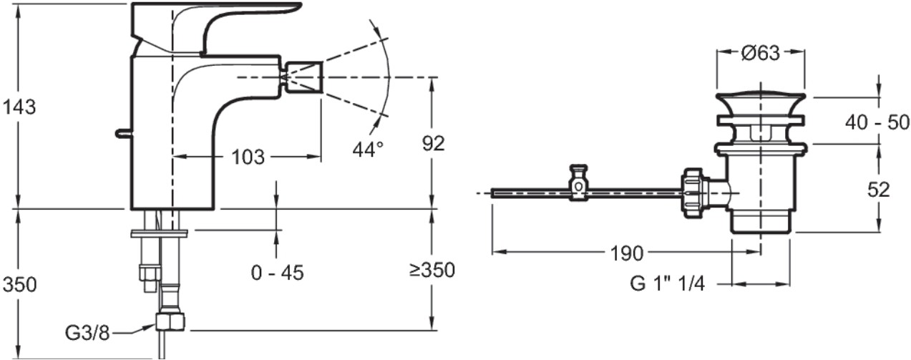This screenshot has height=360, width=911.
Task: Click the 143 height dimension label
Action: click(x=19, y=107)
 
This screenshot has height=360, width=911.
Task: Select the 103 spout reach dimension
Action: click(x=248, y=157)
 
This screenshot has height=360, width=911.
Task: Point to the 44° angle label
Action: click(x=368, y=150)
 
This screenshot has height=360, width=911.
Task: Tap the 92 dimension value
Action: click(x=433, y=143)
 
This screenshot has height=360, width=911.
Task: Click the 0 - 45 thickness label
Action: click(x=278, y=273)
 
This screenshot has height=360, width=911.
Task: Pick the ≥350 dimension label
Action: click(x=432, y=270)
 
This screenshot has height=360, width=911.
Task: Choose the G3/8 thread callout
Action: click(x=87, y=334)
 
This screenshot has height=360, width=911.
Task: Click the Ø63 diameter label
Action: click(x=761, y=53)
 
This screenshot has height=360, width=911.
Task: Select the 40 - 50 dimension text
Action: click(x=877, y=122)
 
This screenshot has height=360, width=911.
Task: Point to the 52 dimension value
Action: click(x=879, y=190)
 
